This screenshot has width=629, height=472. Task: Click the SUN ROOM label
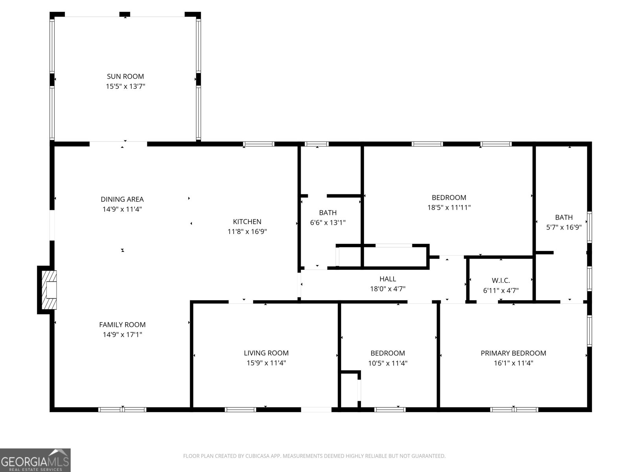(125, 76)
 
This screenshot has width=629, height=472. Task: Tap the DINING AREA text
(122, 199)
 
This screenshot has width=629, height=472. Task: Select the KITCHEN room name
(247, 221)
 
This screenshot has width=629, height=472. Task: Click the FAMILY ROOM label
(122, 325)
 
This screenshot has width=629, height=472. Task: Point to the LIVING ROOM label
(266, 353)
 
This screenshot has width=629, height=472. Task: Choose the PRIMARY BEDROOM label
(513, 353)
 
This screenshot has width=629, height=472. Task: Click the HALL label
(388, 279)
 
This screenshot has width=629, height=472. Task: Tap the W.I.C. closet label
(501, 280)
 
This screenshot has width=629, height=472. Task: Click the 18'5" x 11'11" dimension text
(449, 208)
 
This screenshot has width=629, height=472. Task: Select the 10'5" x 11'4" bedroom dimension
(388, 363)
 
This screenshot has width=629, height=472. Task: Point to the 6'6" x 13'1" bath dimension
(328, 223)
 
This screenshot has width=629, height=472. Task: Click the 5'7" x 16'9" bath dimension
(564, 227)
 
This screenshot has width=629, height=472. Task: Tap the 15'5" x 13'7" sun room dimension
(125, 86)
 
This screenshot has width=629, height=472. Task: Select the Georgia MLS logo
(35, 460)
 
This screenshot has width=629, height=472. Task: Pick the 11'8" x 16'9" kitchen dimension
(247, 232)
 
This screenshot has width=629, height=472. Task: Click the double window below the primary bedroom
(514, 409)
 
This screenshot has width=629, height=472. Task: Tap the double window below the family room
(122, 409)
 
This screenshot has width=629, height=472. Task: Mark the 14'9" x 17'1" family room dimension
(122, 335)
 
